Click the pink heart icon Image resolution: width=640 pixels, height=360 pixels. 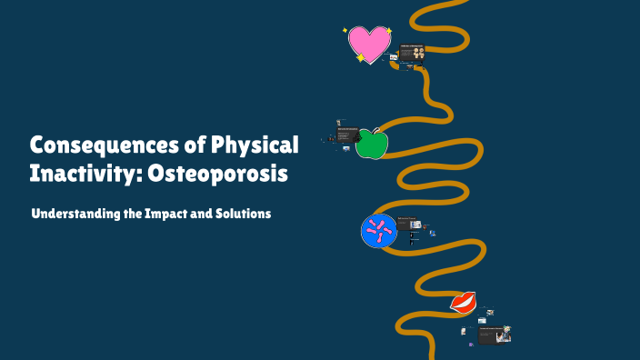click(x=370, y=43)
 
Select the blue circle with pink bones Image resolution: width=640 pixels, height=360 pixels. click(x=379, y=231)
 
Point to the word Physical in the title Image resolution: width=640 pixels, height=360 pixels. click(x=255, y=145)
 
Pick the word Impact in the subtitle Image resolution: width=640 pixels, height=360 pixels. click(x=171, y=215)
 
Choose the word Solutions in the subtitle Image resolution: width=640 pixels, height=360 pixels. click(x=243, y=215)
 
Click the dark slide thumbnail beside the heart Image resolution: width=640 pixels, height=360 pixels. click(x=412, y=52)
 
